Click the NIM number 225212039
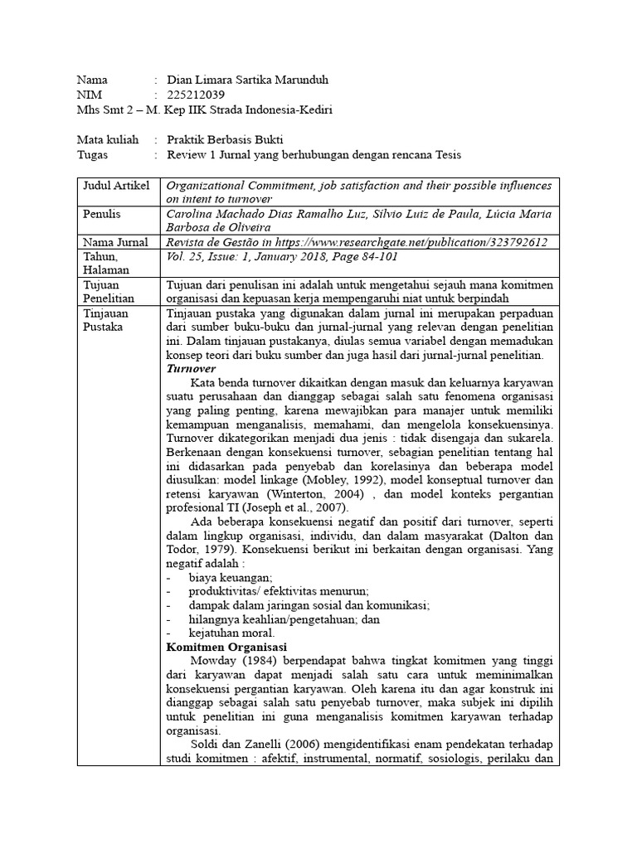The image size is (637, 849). [x=196, y=95]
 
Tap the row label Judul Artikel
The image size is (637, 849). [x=117, y=185]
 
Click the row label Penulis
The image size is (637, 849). [x=102, y=214]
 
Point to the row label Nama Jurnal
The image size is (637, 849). [x=115, y=242]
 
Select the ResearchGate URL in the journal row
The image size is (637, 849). [x=439, y=242]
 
